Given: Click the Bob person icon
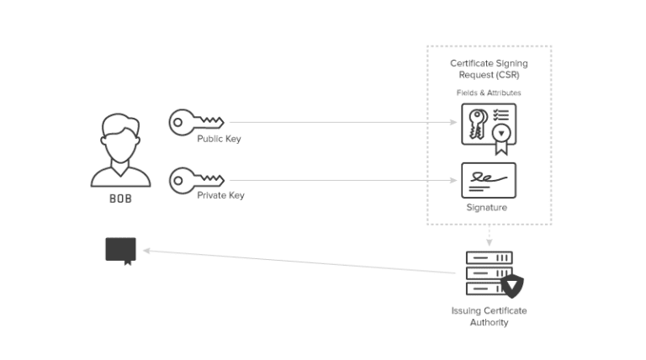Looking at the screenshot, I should pos(121,151).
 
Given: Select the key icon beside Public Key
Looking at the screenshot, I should pos(195,123).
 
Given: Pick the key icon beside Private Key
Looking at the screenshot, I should pos(195,179).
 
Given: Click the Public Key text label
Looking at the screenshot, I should pos(219,139).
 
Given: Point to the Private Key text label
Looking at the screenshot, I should pos(220,194).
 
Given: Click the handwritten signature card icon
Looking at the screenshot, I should pos(489,179).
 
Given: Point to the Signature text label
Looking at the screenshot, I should pos(488,207).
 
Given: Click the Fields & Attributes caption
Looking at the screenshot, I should pos(489,92).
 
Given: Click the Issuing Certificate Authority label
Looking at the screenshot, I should pos(489,316).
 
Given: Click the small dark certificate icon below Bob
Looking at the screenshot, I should pos(120,250).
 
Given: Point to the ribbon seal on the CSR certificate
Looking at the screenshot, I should pos(502,137).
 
